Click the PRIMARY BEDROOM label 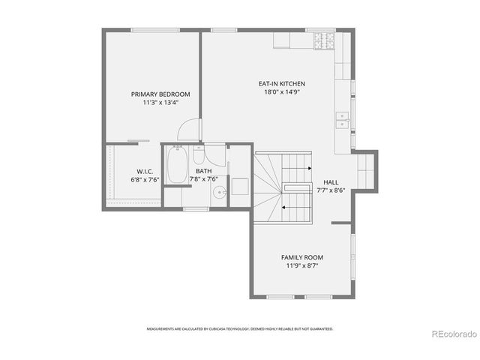[160, 94]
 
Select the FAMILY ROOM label [302, 257]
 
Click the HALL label [331, 182]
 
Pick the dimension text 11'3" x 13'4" [160, 103]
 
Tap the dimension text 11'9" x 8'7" [302, 266]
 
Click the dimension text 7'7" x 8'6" [331, 191]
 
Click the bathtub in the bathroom [177, 166]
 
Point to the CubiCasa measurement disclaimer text [240, 328]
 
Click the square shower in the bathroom [239, 186]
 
